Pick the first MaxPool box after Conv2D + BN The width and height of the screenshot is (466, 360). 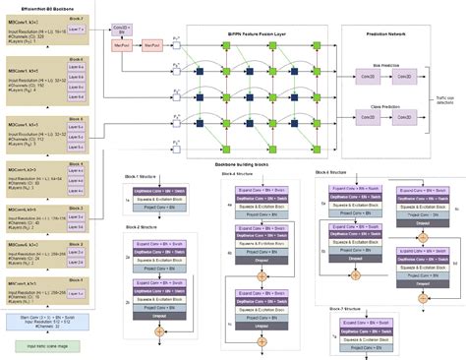pos(124,45)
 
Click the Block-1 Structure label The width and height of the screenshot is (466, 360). pos(145,175)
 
